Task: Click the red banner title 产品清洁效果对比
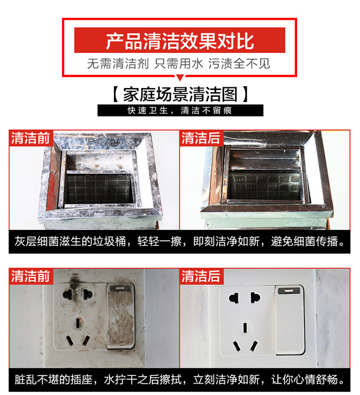click(180, 41)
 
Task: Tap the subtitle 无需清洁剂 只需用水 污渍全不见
click(179, 63)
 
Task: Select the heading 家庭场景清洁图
click(180, 94)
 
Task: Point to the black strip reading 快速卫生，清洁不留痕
click(180, 111)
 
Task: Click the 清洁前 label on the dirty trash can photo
click(30, 138)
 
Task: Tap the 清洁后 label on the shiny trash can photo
click(201, 138)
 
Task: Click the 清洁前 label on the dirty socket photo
click(30, 276)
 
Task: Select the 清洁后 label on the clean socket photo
click(201, 276)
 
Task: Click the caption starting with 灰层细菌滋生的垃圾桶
click(180, 241)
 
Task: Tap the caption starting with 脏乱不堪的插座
click(180, 380)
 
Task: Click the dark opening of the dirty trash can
click(99, 188)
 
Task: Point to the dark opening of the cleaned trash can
click(265, 186)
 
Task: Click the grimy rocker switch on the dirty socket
click(121, 316)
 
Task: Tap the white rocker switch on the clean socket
click(290, 320)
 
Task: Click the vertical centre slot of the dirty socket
click(78, 323)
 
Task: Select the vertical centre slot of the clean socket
click(244, 328)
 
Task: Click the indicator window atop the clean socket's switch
click(289, 291)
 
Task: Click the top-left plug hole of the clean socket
click(234, 298)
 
